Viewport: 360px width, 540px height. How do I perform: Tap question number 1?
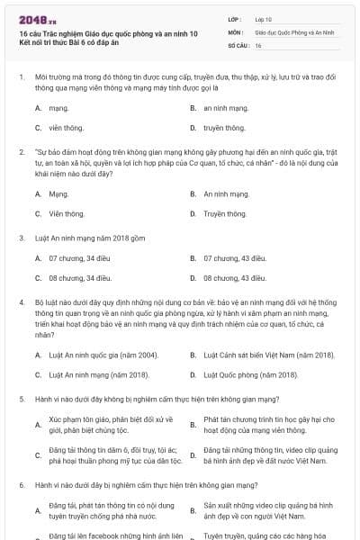click(x=21, y=79)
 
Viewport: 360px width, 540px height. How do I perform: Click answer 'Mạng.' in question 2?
click(x=58, y=193)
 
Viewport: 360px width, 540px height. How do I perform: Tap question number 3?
click(x=21, y=238)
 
